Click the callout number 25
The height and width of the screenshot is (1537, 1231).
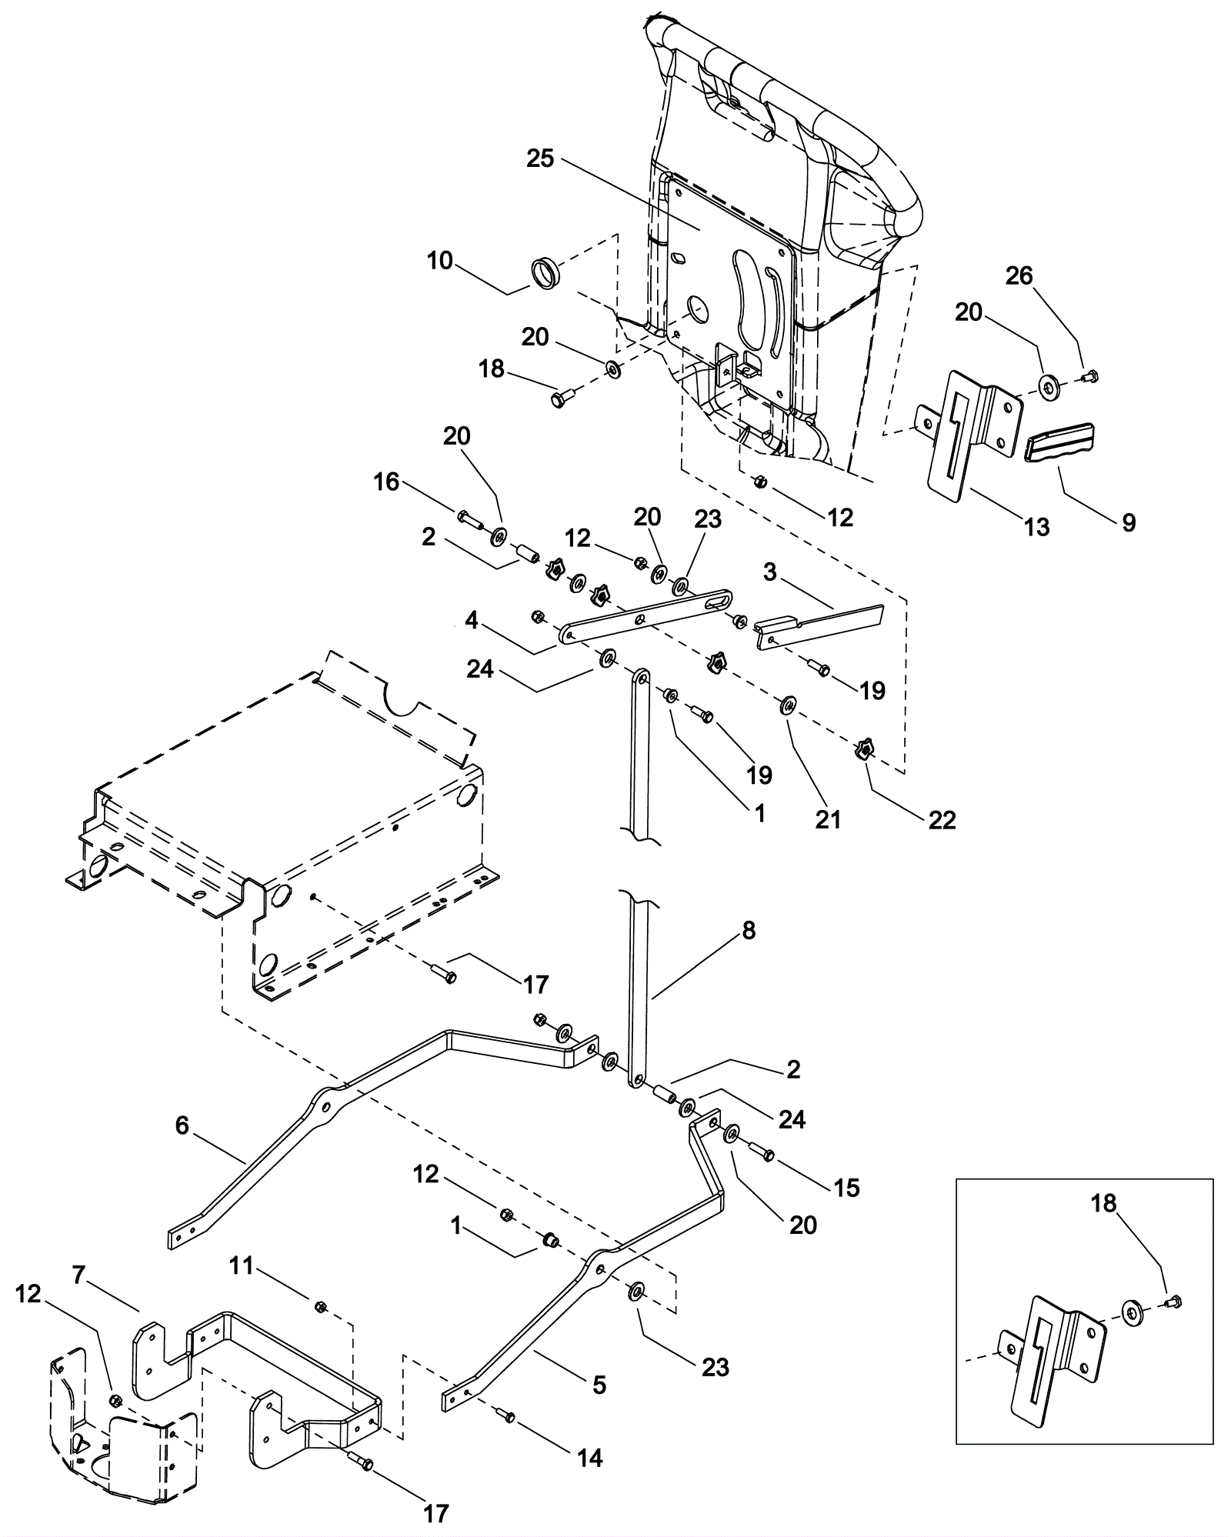click(540, 158)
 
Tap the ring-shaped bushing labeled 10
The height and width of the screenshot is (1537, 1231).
click(546, 274)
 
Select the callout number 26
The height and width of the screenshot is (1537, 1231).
click(1019, 275)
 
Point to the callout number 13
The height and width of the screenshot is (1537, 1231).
click(1037, 527)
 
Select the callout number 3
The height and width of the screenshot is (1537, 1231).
click(770, 571)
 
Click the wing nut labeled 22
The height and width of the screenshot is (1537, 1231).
click(863, 748)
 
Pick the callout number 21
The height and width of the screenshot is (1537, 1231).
click(828, 820)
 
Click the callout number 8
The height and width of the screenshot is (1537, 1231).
click(749, 930)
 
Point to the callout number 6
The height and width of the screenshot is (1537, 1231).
click(182, 1125)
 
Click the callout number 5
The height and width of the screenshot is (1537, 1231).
click(599, 1385)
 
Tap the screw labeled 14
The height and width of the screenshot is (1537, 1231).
click(505, 1413)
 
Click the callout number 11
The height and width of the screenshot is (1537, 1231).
click(241, 1265)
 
